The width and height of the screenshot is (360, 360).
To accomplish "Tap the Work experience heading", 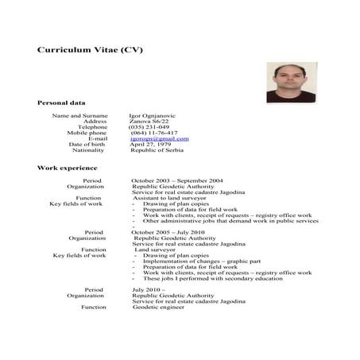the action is click(x=67, y=168).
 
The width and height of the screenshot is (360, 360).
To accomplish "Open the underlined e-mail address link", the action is click(x=160, y=138).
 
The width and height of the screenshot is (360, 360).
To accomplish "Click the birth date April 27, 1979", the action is click(x=150, y=144).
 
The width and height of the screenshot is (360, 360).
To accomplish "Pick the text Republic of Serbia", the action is click(x=157, y=150).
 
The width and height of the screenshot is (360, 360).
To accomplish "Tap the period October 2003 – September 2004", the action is click(x=177, y=180).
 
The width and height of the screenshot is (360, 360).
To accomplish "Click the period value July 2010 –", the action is click(x=149, y=290).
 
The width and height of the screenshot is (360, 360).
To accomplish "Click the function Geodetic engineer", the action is click(x=158, y=307).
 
